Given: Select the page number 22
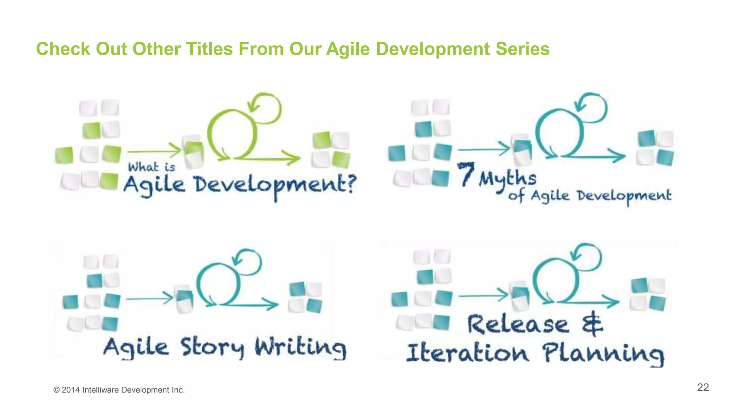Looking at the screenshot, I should click(x=702, y=387).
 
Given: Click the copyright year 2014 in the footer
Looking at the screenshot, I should click(x=71, y=390).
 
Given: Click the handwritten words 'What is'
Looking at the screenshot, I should click(x=152, y=167).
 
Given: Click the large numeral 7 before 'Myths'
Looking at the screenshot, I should click(x=466, y=174).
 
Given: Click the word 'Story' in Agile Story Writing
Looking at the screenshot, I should click(x=212, y=347).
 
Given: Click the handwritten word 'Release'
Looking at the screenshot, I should click(x=518, y=325).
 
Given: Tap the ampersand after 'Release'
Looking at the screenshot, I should click(x=592, y=323).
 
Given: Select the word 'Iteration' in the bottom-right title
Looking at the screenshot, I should click(x=467, y=353).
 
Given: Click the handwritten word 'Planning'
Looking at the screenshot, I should click(x=603, y=354).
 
